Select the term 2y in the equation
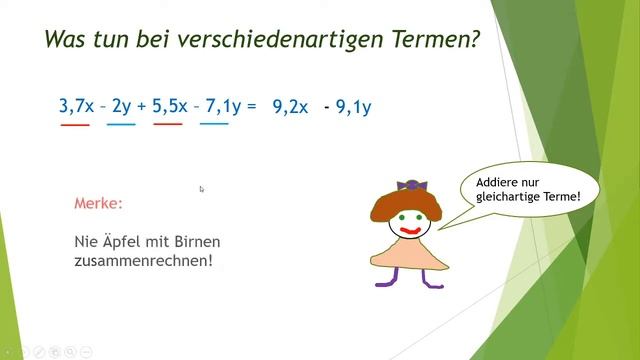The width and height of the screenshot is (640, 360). (121, 105)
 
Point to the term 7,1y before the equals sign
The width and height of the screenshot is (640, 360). (221, 105)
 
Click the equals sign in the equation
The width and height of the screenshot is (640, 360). (251, 105)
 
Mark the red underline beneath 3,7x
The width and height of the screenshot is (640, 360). (74, 125)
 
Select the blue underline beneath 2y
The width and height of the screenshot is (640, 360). (121, 125)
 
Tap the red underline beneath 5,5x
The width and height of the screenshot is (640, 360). (168, 125)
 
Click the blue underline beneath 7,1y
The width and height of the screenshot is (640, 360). (214, 125)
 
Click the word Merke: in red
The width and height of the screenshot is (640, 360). (99, 203)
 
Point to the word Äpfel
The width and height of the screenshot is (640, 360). (123, 242)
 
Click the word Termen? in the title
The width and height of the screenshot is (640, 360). (430, 41)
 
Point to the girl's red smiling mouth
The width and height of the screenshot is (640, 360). (409, 229)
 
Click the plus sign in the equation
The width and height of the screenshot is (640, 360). (142, 105)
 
